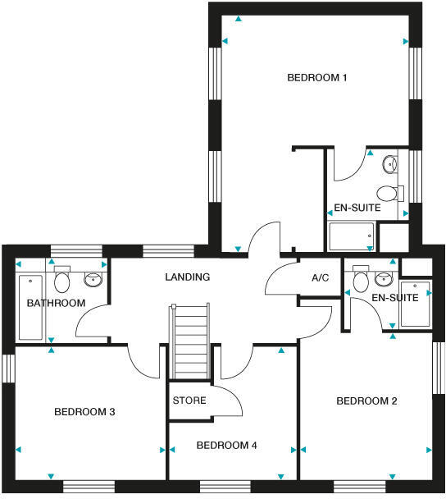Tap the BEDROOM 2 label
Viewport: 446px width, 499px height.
(x=366, y=401)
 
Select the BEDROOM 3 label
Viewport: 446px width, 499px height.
(x=84, y=411)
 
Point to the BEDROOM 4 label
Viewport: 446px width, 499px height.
(x=227, y=446)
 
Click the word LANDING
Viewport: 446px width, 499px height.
(x=187, y=277)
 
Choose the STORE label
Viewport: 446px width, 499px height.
(x=189, y=401)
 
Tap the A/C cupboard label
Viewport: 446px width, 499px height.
(x=320, y=278)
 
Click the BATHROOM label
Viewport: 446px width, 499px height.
(x=56, y=304)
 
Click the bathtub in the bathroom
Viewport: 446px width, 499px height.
(x=31, y=307)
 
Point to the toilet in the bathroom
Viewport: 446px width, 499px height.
(x=61, y=282)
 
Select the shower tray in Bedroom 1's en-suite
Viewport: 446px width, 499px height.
(x=351, y=237)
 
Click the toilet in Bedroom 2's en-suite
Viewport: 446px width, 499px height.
(x=360, y=281)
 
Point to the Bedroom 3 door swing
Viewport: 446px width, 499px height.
(x=143, y=361)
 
